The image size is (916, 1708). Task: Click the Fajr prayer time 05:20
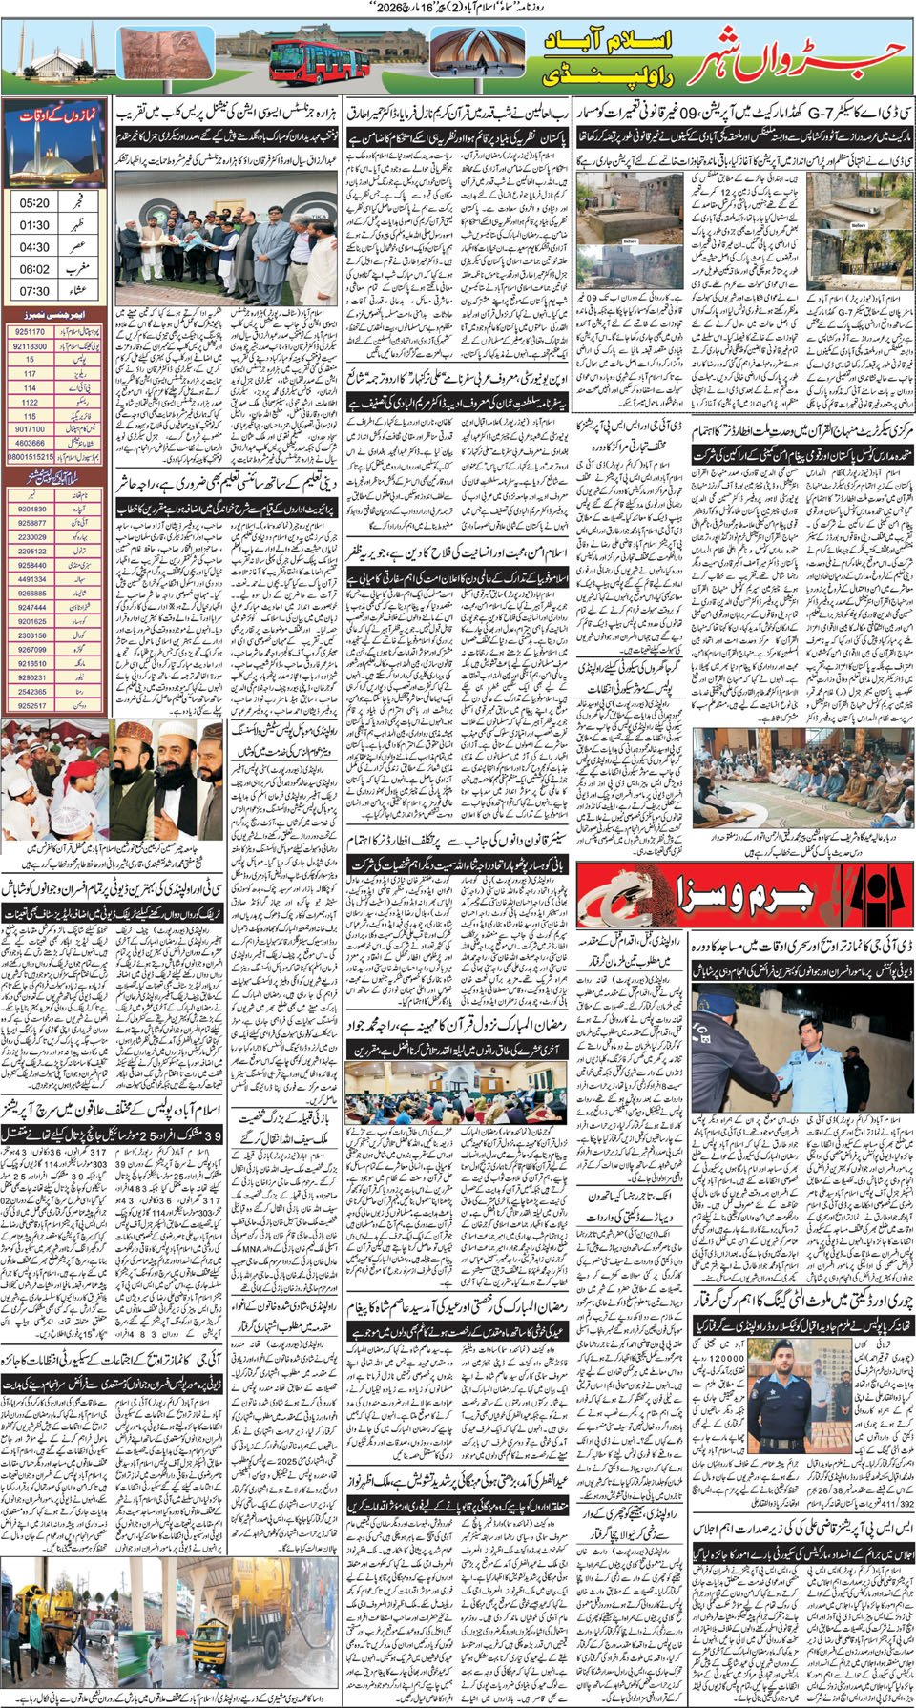point(34,203)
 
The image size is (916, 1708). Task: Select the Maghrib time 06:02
point(34,270)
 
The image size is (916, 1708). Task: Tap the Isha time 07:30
point(34,291)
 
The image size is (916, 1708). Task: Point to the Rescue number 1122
point(30,402)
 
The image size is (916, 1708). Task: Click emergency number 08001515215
point(30,457)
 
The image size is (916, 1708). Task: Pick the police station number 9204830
point(31,509)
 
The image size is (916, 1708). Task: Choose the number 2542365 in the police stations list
point(31,692)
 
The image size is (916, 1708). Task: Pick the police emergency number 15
point(30,360)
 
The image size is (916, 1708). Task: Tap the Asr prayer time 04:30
point(34,247)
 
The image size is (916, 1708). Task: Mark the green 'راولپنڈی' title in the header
point(611,75)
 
